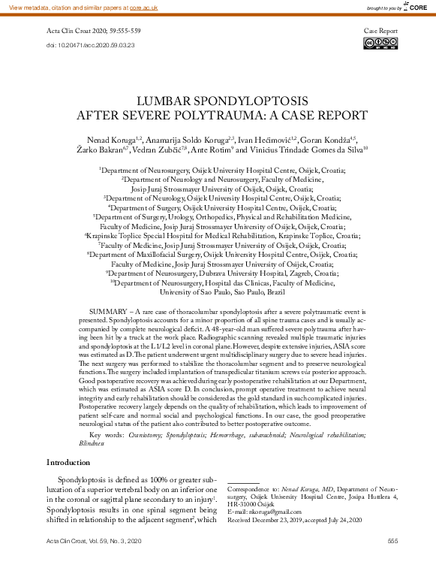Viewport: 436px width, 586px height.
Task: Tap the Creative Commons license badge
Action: click(x=380, y=43)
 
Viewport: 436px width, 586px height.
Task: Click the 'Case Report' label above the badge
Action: click(x=380, y=32)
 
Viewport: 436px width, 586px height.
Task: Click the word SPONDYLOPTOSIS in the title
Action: click(x=259, y=101)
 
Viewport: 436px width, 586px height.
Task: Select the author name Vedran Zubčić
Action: click(x=161, y=150)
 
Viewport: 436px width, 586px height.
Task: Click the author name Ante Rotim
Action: click(x=207, y=150)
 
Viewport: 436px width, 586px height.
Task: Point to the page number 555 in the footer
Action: click(x=392, y=541)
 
